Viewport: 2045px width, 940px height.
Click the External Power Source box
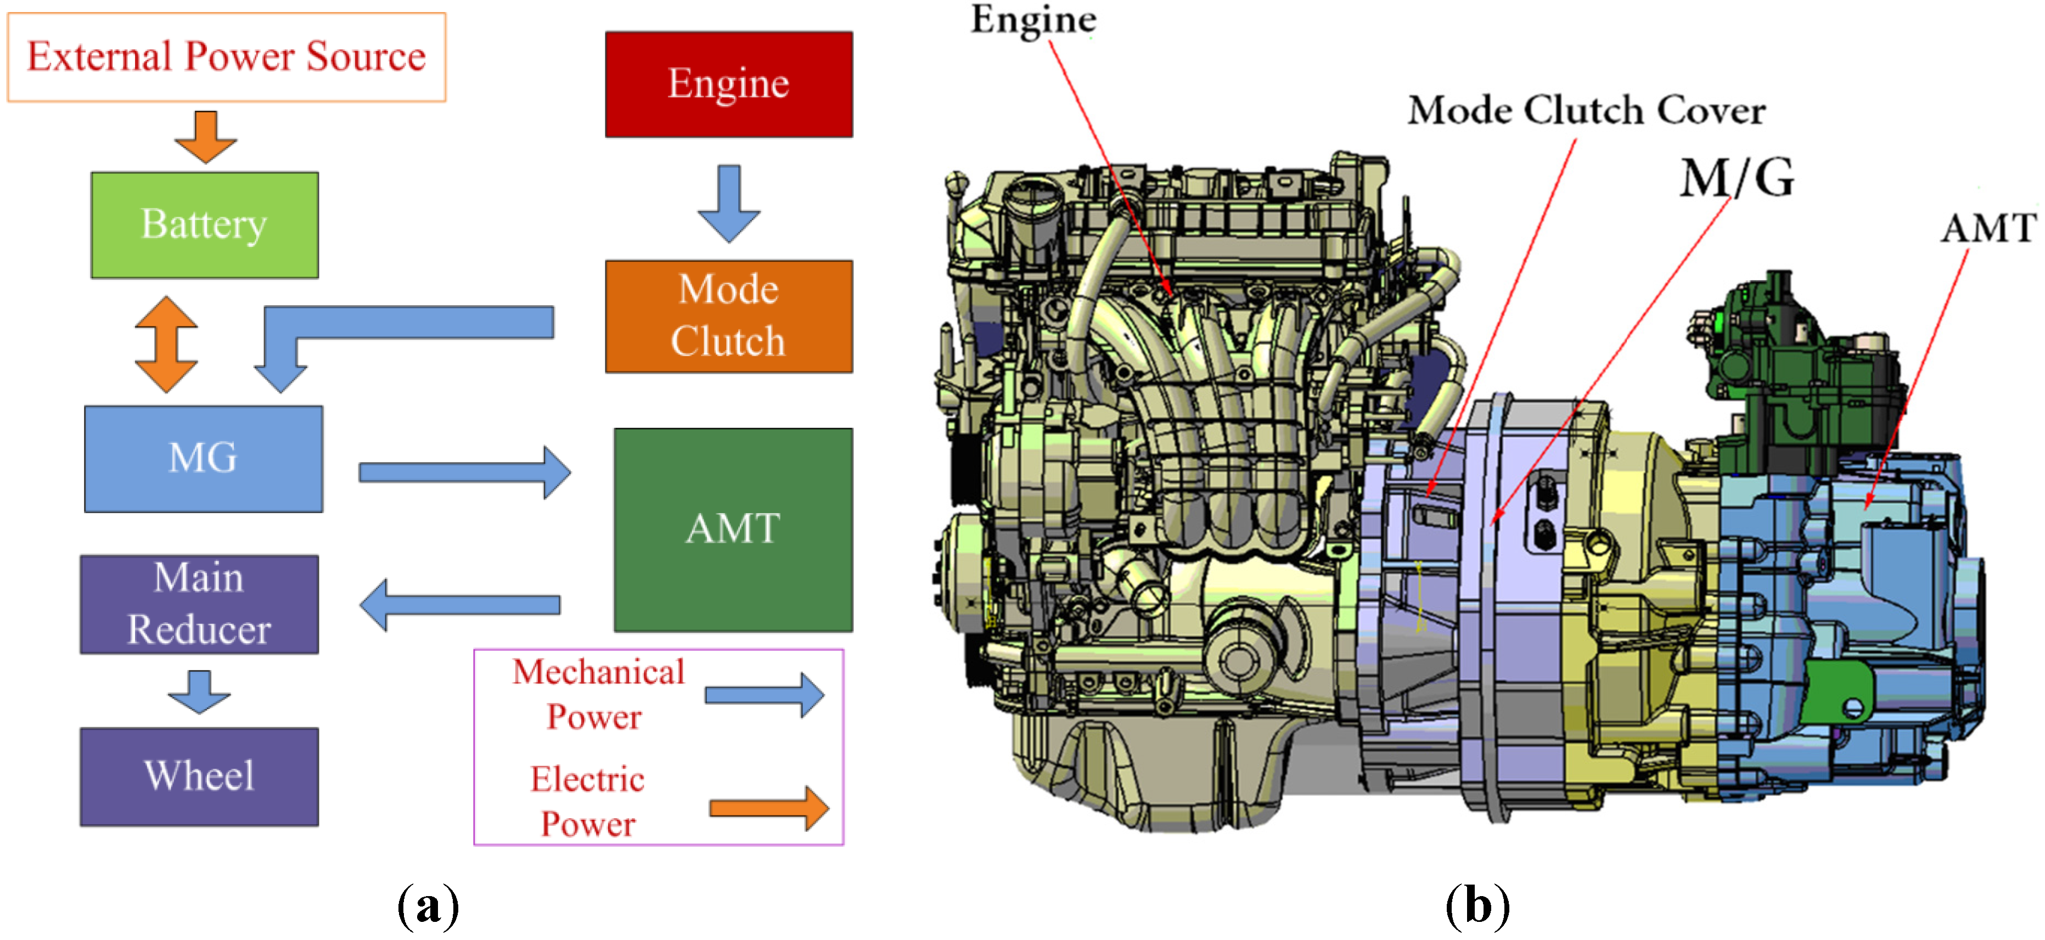tap(226, 57)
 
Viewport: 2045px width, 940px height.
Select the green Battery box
tap(204, 224)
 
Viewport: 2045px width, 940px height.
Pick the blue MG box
tap(203, 458)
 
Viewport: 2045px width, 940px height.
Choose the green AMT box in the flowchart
tap(733, 530)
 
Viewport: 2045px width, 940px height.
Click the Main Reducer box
tap(199, 604)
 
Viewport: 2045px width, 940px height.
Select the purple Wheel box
tap(199, 776)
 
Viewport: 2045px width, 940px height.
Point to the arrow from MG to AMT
tap(464, 472)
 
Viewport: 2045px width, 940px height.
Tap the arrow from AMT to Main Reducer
tap(460, 605)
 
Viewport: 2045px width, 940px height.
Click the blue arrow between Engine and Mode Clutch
tap(729, 203)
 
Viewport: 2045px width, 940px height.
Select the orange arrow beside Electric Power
tap(768, 808)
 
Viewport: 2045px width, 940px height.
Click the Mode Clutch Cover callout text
tap(1586, 110)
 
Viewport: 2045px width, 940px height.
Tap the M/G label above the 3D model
tap(1736, 177)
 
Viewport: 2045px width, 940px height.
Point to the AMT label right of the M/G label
tap(1988, 229)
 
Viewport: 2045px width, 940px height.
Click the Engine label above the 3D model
tap(1033, 20)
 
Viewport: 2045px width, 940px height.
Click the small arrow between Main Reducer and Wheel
tap(199, 691)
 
